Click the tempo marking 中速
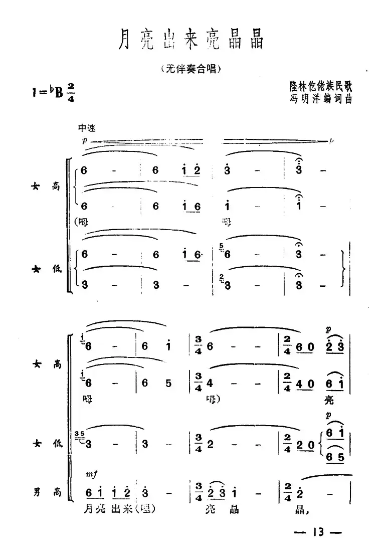[86, 128]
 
